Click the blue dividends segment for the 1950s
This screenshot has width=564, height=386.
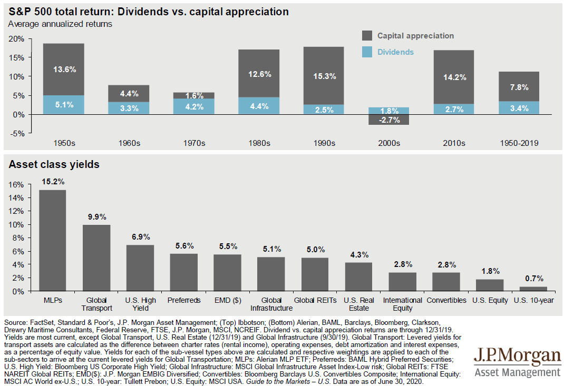[63, 104]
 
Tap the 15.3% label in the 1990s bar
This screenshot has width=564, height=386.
[324, 76]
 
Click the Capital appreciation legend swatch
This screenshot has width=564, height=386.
[367, 36]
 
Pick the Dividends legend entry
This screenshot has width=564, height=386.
[395, 52]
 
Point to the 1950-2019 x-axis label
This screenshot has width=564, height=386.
[519, 143]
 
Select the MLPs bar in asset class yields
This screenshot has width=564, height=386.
[52, 240]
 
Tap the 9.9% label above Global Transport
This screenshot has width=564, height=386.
[96, 216]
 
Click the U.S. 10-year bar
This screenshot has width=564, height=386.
[534, 289]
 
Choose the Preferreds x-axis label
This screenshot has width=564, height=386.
[183, 300]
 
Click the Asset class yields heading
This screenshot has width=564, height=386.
[54, 164]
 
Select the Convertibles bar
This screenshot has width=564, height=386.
[446, 281]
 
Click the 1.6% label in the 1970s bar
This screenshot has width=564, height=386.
[193, 96]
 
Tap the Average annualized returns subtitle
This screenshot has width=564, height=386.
[60, 24]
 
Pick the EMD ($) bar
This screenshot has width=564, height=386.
[227, 272]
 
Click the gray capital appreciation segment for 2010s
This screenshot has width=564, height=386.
[454, 77]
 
